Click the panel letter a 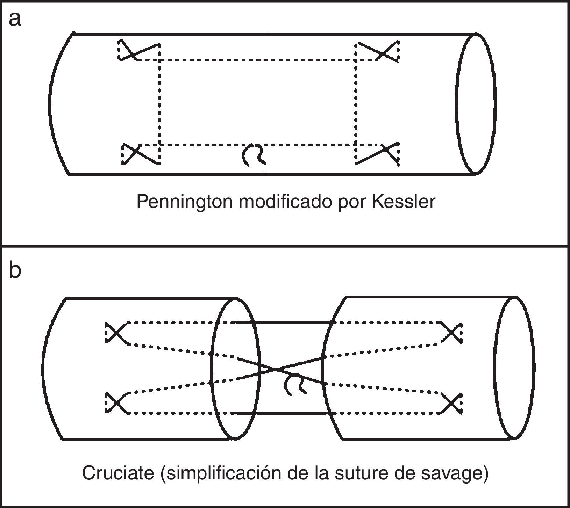(x=15, y=19)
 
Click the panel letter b (x=15, y=271)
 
